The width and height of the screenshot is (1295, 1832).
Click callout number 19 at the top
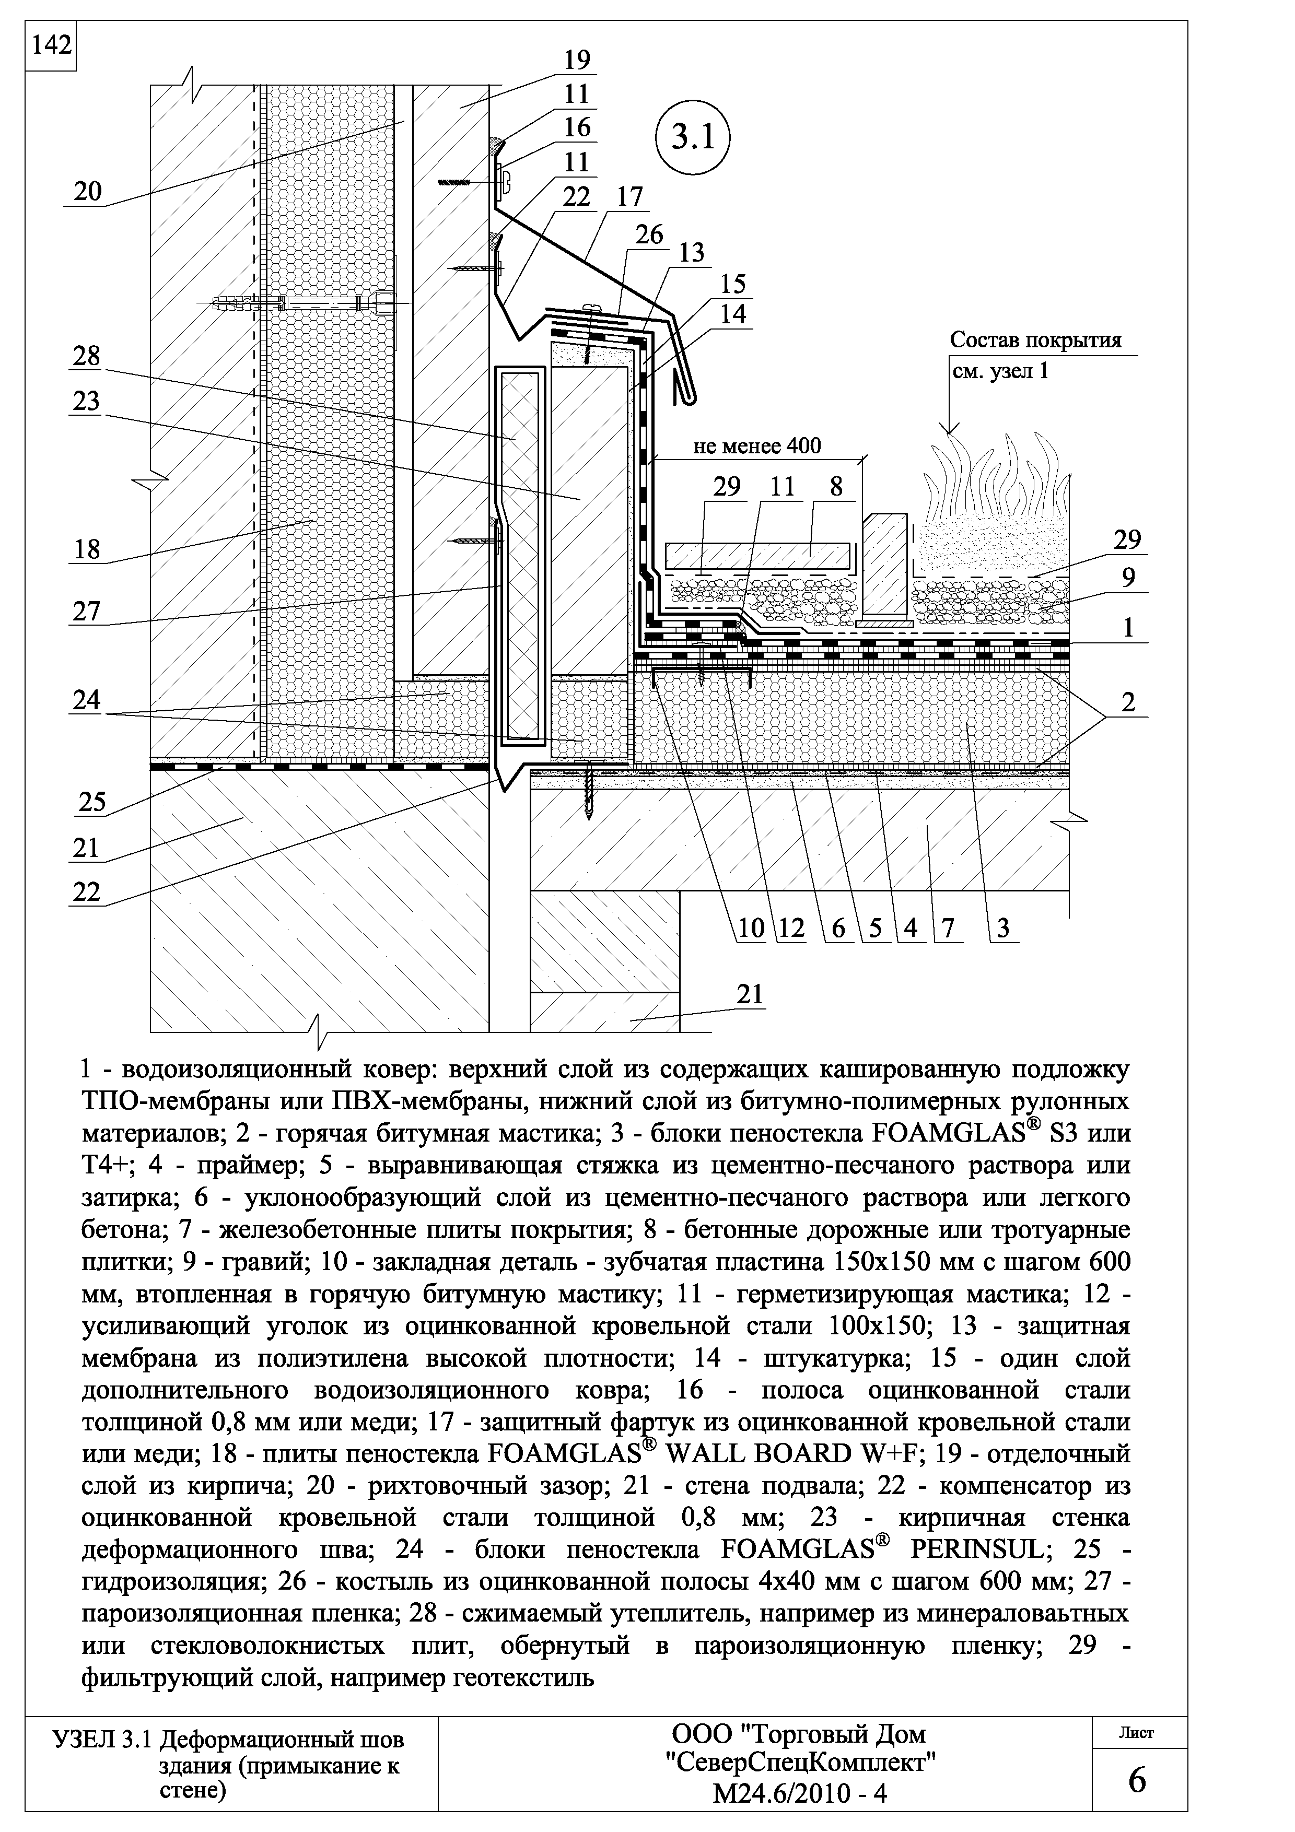tap(576, 61)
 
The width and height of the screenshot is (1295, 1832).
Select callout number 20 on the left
tap(88, 192)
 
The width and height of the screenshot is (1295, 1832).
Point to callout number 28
tap(87, 356)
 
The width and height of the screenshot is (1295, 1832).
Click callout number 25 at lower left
tap(92, 801)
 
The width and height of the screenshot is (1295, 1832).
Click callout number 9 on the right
tap(1127, 578)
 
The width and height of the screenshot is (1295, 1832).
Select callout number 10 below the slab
tap(751, 928)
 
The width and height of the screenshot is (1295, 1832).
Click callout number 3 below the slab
tap(1003, 928)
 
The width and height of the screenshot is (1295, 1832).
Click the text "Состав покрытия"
tap(1035, 340)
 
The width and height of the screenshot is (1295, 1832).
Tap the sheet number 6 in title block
tap(1138, 1781)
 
